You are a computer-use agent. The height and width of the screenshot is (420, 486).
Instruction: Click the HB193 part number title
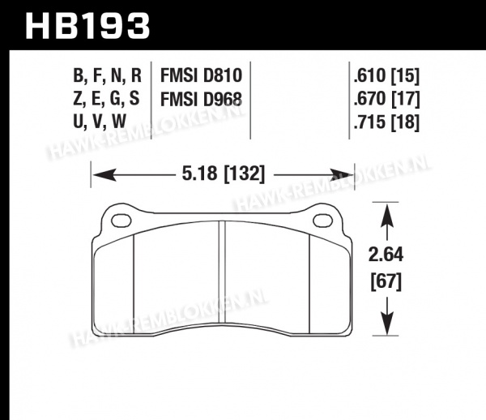[x=87, y=26]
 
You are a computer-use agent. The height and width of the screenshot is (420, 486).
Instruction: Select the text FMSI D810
[x=201, y=75]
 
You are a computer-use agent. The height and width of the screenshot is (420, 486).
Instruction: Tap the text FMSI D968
[x=201, y=100]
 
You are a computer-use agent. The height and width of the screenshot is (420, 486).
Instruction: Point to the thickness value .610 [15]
[x=386, y=76]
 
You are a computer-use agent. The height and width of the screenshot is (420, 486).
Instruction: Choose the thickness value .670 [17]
[x=386, y=99]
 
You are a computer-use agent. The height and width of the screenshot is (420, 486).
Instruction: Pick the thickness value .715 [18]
[x=386, y=122]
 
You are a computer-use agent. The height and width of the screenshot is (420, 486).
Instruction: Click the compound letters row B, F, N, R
[x=107, y=76]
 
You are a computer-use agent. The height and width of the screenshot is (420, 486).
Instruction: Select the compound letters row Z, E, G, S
[x=106, y=99]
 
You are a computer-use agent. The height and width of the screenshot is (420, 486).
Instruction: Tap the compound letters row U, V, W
[x=100, y=122]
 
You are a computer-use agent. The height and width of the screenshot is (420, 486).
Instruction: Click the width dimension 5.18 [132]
[x=224, y=174]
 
